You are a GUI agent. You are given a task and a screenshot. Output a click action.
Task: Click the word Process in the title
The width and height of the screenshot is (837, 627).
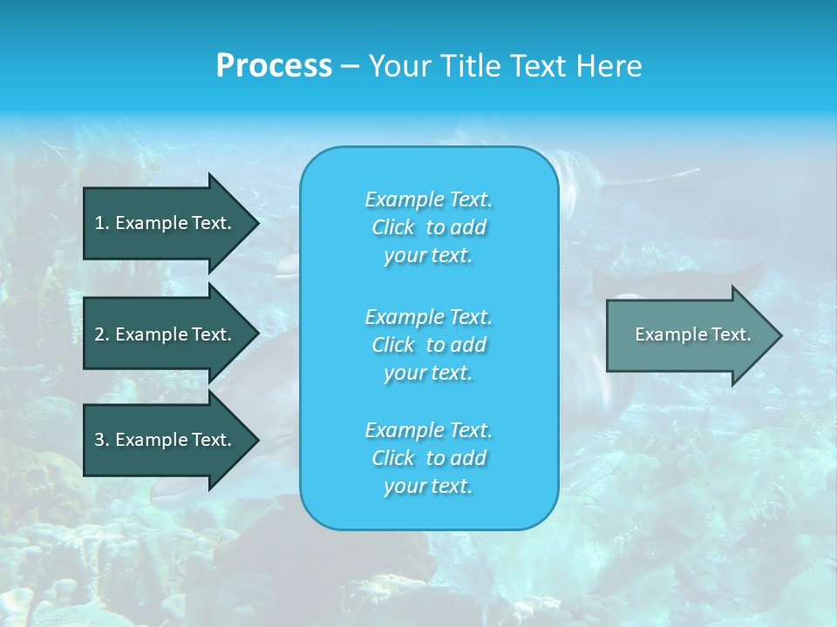(274, 66)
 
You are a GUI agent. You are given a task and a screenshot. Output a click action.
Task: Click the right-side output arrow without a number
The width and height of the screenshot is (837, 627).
(689, 334)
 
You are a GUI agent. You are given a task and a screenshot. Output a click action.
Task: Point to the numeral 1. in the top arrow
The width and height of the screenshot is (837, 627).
(101, 223)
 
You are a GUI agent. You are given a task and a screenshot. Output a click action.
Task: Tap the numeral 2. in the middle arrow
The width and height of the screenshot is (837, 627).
(101, 334)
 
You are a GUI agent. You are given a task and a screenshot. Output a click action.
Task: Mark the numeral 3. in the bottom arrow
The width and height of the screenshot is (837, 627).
(101, 440)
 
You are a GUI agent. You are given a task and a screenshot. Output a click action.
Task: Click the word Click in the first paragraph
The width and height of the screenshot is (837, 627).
(393, 227)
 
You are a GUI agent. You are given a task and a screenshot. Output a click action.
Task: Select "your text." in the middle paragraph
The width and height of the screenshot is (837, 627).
(428, 373)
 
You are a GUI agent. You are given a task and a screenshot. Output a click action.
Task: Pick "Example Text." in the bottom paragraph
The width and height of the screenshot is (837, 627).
(428, 430)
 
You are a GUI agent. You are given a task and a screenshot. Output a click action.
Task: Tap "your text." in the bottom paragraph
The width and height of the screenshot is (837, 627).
(428, 487)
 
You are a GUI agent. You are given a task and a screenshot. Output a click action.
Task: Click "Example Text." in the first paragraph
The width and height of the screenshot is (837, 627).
(428, 199)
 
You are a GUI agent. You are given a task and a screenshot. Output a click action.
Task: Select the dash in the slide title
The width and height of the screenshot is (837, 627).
(350, 66)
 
